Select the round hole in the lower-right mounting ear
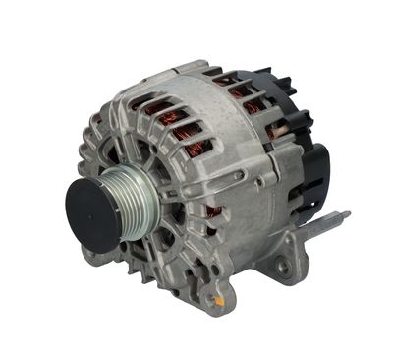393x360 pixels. pyautogui.click(x=285, y=266)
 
